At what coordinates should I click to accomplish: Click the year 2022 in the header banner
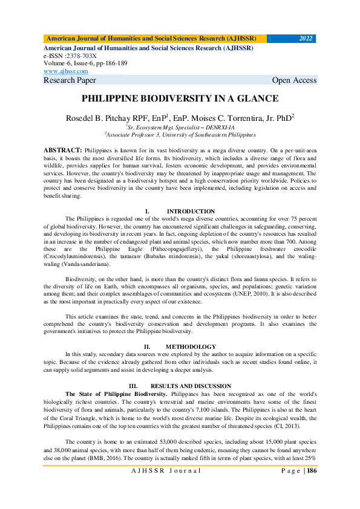pyautogui.click(x=306, y=39)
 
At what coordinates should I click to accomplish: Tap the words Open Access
pyautogui.click(x=294, y=80)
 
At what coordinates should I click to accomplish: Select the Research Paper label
pyautogui.click(x=70, y=80)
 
